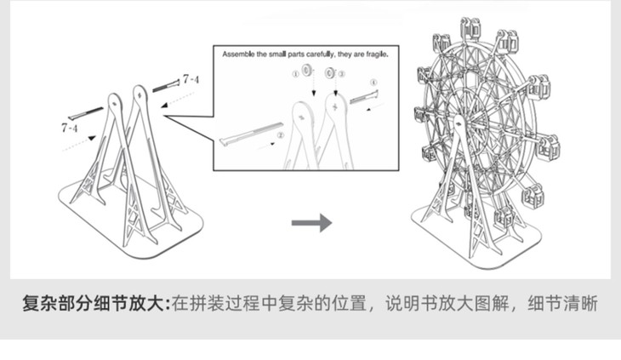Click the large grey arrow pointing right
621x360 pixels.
click(310, 224)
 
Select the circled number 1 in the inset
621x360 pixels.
click(295, 74)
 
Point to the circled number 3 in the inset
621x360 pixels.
click(341, 74)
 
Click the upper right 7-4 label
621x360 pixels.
click(191, 79)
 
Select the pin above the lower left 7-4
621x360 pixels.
click(85, 111)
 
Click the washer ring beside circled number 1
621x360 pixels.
click(305, 71)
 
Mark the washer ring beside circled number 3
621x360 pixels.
click(330, 71)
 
